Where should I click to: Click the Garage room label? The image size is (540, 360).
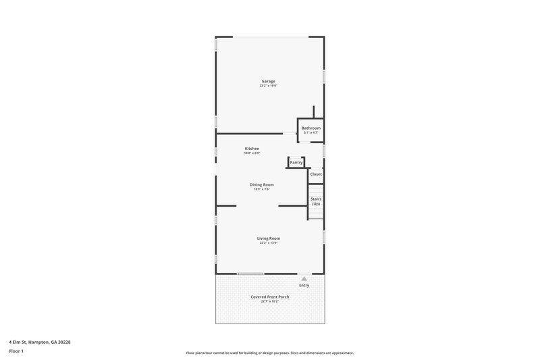click(269, 81)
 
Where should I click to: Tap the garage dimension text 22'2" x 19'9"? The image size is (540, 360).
click(269, 86)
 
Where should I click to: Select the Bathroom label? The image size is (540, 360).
click(310, 128)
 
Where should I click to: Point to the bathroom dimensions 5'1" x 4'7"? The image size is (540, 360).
click(310, 132)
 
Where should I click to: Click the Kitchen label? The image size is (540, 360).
click(252, 149)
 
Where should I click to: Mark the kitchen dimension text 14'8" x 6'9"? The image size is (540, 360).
click(252, 153)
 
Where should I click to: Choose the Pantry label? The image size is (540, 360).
click(296, 162)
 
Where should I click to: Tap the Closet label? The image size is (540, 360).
click(315, 174)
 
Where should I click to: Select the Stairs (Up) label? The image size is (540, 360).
click(315, 201)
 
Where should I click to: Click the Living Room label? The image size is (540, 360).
click(269, 238)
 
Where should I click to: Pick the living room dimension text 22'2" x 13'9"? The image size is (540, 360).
click(269, 242)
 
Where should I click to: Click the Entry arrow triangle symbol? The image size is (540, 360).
click(304, 278)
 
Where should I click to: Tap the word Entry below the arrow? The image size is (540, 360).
click(304, 285)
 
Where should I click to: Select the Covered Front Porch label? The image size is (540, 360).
click(269, 297)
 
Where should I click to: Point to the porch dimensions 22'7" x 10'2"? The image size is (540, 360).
click(269, 301)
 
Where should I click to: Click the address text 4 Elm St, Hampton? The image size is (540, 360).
click(39, 342)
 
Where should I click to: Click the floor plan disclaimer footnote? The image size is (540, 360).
click(269, 353)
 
